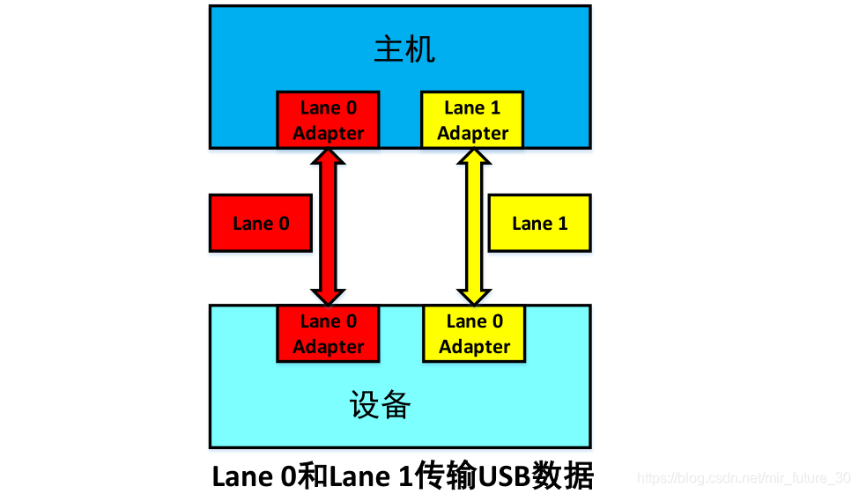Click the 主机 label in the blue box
coord(404,49)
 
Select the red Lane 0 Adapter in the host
coord(328,120)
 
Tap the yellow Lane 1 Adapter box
coord(472,120)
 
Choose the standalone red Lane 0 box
coord(261,224)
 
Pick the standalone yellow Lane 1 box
coord(539,224)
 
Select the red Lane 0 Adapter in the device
coord(328,334)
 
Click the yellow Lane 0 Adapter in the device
coord(474,334)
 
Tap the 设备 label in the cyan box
coord(380,406)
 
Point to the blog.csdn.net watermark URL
coord(744,479)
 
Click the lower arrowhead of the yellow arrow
coord(474,293)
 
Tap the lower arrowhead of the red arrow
coord(328,293)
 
